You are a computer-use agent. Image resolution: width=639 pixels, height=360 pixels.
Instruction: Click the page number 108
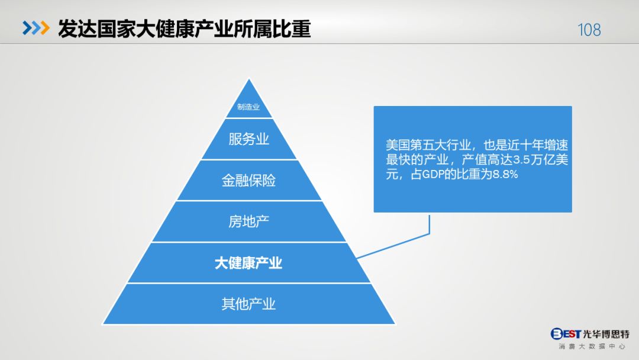coord(589,30)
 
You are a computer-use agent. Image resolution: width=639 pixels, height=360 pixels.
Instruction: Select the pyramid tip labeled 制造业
coord(248,107)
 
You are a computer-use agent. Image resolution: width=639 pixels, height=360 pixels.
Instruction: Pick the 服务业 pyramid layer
coord(248,139)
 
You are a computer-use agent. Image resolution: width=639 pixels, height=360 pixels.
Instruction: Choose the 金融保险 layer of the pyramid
coord(248,181)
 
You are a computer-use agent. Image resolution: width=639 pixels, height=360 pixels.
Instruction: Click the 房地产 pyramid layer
coord(248,222)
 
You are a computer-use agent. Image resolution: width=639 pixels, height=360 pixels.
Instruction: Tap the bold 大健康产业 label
coord(248,263)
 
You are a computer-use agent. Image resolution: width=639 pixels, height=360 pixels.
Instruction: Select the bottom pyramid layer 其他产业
coord(248,304)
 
